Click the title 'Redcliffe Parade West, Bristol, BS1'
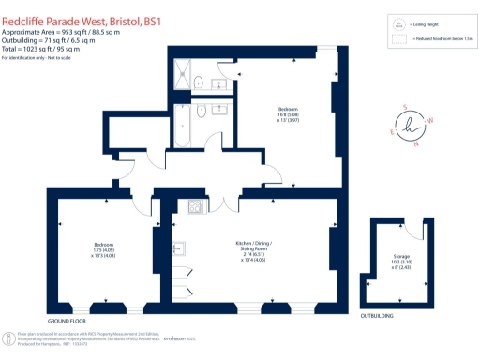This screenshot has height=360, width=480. click(x=82, y=9)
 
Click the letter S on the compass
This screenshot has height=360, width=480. click(x=405, y=106)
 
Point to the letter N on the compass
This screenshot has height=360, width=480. click(x=415, y=144)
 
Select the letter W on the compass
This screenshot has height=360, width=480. click(x=430, y=120)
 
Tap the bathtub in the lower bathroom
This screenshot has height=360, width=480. click(x=184, y=120)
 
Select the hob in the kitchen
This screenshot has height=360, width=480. click(x=196, y=206)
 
